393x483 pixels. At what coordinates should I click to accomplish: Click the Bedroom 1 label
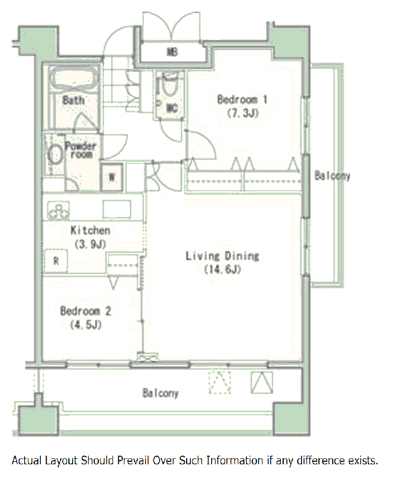pyautogui.click(x=242, y=100)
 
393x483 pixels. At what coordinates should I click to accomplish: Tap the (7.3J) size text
pyautogui.click(x=243, y=113)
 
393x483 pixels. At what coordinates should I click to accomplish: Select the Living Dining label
pyautogui.click(x=222, y=256)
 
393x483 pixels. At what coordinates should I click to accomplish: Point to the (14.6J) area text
pyautogui.click(x=222, y=269)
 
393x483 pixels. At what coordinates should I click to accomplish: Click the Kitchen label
pyautogui.click(x=90, y=230)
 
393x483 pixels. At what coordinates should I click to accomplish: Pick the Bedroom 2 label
pyautogui.click(x=85, y=311)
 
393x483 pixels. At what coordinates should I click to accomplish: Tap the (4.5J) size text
pyautogui.click(x=85, y=325)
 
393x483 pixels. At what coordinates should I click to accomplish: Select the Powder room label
pyautogui.click(x=81, y=150)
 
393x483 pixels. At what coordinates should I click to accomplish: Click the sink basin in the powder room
pyautogui.click(x=56, y=154)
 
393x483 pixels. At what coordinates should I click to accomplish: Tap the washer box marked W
pyautogui.click(x=112, y=177)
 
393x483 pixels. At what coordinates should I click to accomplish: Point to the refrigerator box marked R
pyautogui.click(x=56, y=261)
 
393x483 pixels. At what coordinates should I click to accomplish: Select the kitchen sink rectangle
pyautogui.click(x=117, y=209)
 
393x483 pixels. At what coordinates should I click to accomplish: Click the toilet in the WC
pyautogui.click(x=170, y=84)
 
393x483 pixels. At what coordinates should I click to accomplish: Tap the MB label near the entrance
pyautogui.click(x=172, y=52)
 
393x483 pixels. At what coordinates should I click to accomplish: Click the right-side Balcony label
pyautogui.click(x=332, y=176)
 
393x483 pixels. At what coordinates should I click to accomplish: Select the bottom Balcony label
pyautogui.click(x=160, y=393)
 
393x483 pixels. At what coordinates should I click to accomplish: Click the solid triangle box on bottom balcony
pyautogui.click(x=262, y=382)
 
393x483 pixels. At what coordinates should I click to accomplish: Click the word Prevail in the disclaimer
pyautogui.click(x=133, y=460)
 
